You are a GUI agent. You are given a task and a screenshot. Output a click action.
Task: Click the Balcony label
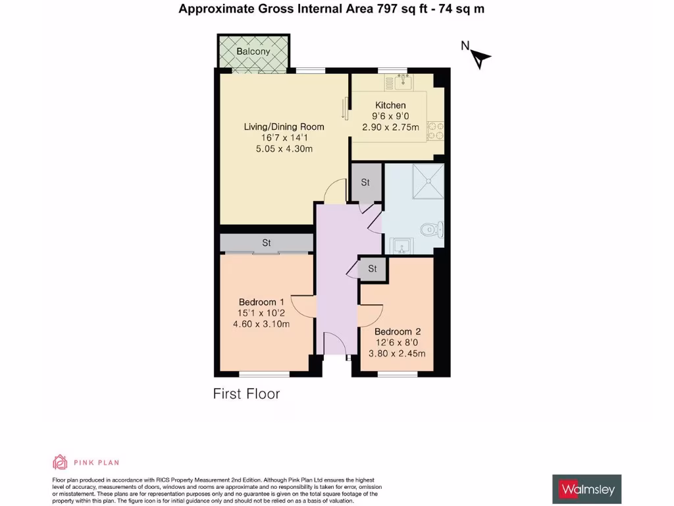pyautogui.click(x=253, y=51)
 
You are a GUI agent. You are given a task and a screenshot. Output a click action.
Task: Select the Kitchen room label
pyautogui.click(x=390, y=105)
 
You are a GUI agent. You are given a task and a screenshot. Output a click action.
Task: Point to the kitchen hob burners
pyautogui.click(x=435, y=131)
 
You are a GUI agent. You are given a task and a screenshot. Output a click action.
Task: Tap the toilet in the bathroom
pyautogui.click(x=432, y=230)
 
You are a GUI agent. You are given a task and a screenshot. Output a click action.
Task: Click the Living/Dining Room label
pyautogui.click(x=284, y=126)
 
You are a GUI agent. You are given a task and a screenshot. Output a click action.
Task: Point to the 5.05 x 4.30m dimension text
pyautogui.click(x=284, y=149)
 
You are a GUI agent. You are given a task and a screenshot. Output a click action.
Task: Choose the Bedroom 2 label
pyautogui.click(x=398, y=331)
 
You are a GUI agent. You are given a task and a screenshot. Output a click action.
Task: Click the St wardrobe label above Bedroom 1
pyautogui.click(x=267, y=243)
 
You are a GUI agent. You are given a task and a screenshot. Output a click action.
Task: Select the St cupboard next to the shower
pyautogui.click(x=365, y=183)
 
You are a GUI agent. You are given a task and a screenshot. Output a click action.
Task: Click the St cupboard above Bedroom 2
pyautogui.click(x=373, y=269)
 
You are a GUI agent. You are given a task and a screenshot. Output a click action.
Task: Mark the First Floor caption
pyautogui.click(x=246, y=394)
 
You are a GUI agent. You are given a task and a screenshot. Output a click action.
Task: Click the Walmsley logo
pyautogui.click(x=586, y=490)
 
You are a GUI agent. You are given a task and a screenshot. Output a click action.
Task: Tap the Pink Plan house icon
pyautogui.click(x=60, y=462)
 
